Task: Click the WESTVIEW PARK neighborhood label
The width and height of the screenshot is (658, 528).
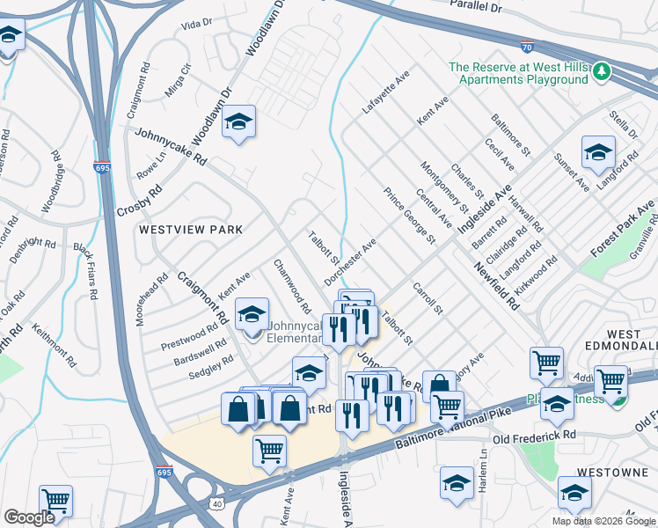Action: pyautogui.click(x=190, y=230)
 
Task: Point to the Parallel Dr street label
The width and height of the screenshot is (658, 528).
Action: pyautogui.click(x=474, y=5)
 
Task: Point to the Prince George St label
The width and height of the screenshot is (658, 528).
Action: pyautogui.click(x=409, y=216)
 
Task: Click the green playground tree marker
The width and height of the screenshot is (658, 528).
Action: pyautogui.click(x=602, y=70)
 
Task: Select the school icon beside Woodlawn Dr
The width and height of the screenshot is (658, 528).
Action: pyautogui.click(x=238, y=123)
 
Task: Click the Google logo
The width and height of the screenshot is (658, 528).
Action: pyautogui.click(x=29, y=517)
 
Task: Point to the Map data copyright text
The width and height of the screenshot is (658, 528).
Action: pyautogui.click(x=603, y=521)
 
